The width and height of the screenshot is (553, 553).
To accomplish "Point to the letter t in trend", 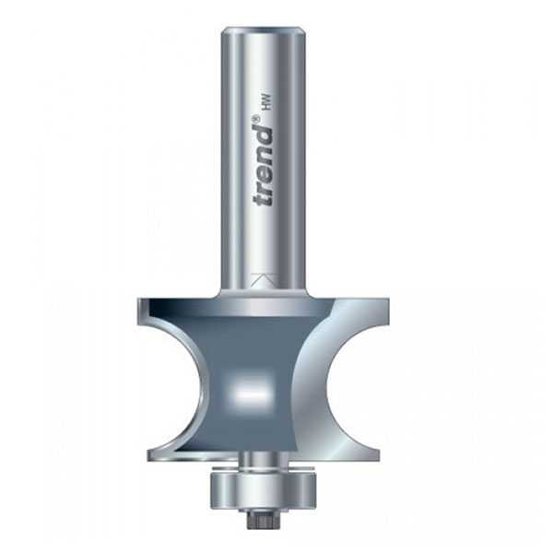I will tap(265, 200).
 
